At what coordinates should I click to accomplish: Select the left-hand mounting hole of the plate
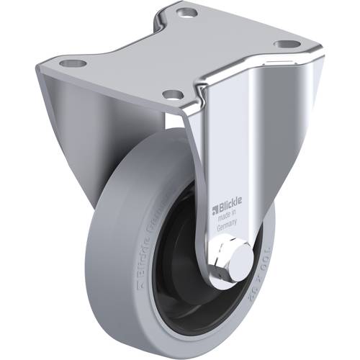72,63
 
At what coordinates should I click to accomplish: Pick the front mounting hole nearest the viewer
171,94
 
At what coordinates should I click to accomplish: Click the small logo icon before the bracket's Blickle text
214,210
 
